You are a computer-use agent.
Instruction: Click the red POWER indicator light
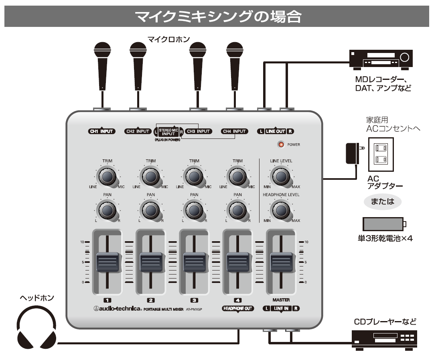(281, 144)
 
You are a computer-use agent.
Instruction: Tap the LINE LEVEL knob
(281, 176)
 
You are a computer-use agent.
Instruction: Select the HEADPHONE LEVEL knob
(281, 209)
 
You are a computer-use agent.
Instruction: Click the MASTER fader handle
(281, 262)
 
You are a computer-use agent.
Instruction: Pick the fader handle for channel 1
(107, 262)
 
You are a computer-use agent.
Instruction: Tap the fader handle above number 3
(195, 262)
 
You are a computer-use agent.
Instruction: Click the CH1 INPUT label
(101, 131)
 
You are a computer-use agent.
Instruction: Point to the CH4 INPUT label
(234, 131)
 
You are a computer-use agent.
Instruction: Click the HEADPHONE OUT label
(238, 309)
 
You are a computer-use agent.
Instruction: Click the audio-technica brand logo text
(116, 309)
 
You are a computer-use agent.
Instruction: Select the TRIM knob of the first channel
(107, 176)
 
